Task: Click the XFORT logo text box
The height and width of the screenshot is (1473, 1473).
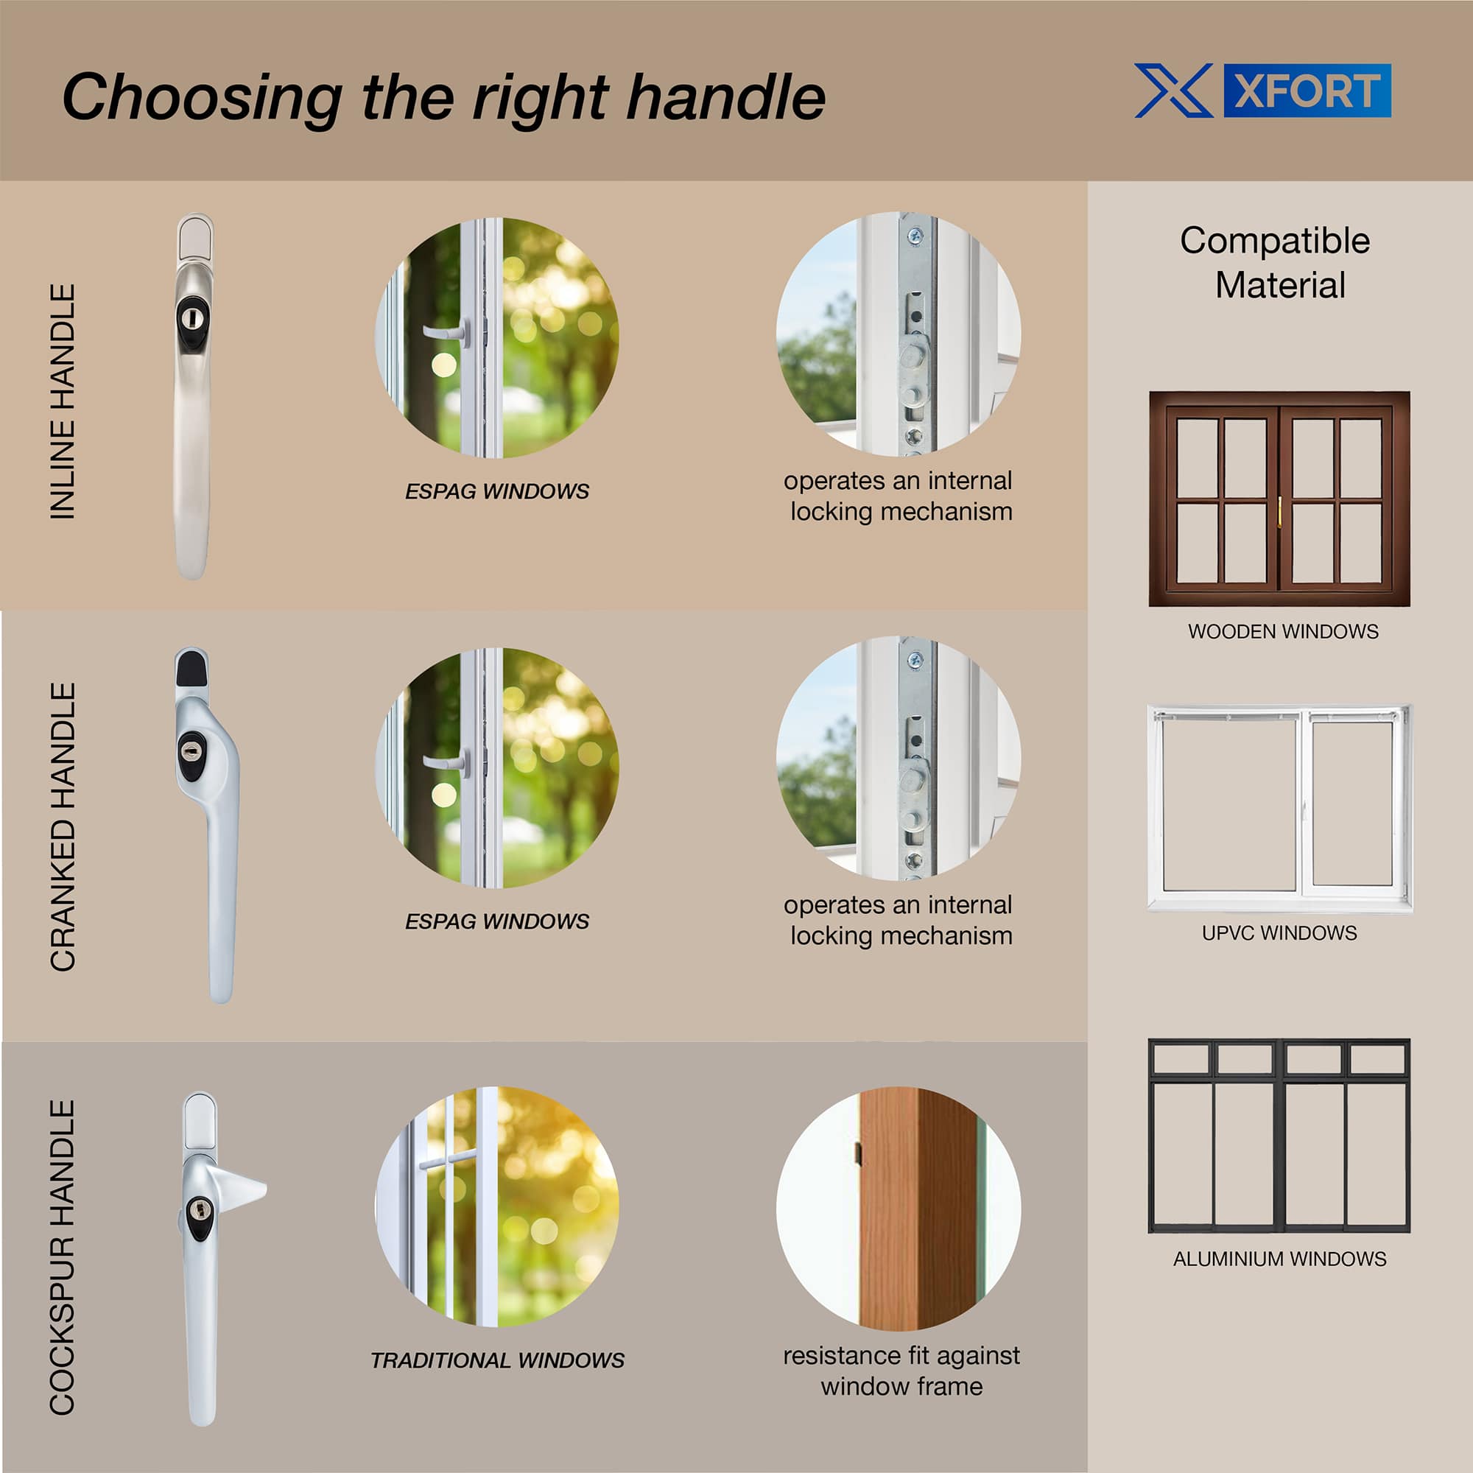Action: click(1307, 91)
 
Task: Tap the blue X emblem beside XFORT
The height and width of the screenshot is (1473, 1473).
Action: click(1173, 91)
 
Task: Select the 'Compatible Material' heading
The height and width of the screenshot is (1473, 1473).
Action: click(1275, 262)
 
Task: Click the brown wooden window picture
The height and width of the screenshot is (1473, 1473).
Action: click(1279, 499)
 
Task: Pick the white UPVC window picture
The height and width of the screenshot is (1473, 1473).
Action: click(1279, 808)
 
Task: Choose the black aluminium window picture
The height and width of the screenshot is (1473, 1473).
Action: click(1279, 1135)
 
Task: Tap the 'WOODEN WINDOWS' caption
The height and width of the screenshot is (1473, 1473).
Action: click(1283, 631)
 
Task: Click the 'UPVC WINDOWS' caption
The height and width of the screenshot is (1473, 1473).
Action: click(1279, 932)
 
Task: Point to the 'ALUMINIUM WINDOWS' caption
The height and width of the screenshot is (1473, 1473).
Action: click(1279, 1259)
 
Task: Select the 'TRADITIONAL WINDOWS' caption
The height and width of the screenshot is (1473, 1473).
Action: click(497, 1360)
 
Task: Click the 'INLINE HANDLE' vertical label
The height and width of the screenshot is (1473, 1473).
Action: click(63, 402)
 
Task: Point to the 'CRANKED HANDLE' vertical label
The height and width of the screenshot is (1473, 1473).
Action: click(63, 826)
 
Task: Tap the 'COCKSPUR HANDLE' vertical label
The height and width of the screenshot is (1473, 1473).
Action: click(63, 1256)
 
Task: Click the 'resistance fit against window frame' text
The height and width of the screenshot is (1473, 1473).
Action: click(901, 1371)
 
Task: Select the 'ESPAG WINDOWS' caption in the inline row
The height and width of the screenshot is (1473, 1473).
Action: click(497, 491)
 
